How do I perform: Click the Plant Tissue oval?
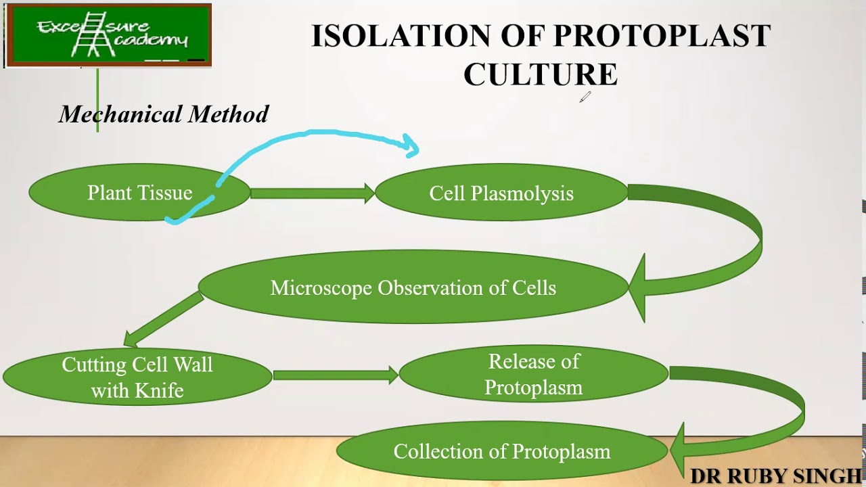(139, 193)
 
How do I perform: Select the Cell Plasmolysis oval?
(501, 193)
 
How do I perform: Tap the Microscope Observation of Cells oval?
(413, 287)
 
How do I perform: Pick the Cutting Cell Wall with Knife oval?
(137, 377)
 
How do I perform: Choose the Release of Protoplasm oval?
(533, 374)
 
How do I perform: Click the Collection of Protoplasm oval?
(501, 451)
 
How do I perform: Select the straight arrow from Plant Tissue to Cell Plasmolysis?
(312, 193)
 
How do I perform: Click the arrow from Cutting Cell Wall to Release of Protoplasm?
(335, 375)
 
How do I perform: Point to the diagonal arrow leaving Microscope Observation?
(162, 321)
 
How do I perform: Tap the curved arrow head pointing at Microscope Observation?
(638, 287)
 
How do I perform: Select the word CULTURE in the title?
(540, 74)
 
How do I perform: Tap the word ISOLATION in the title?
(401, 36)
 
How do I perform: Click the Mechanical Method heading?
(164, 114)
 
